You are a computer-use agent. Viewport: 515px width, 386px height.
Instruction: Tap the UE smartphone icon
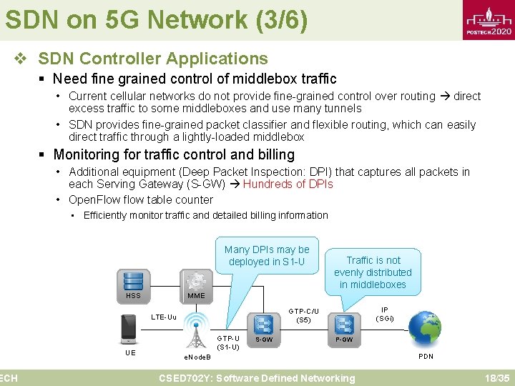coord(129,330)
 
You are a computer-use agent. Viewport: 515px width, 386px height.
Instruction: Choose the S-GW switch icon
coord(264,323)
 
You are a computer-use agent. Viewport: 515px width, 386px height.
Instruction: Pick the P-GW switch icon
coord(345,323)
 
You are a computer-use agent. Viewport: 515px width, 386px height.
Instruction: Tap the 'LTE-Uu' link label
coord(164,317)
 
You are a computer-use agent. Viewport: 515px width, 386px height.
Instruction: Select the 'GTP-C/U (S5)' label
coord(303,315)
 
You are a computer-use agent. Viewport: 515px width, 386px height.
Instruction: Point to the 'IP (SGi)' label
coord(385,313)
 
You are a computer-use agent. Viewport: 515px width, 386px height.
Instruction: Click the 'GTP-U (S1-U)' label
coord(227,342)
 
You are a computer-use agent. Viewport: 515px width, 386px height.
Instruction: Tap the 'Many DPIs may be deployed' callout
coord(267,256)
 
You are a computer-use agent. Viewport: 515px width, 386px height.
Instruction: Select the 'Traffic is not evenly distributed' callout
coord(373,272)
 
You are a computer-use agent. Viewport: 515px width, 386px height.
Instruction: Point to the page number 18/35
coord(496,377)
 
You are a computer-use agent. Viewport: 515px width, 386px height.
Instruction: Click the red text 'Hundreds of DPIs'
coord(288,184)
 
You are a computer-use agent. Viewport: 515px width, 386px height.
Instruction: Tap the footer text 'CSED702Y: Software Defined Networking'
coord(257,378)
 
